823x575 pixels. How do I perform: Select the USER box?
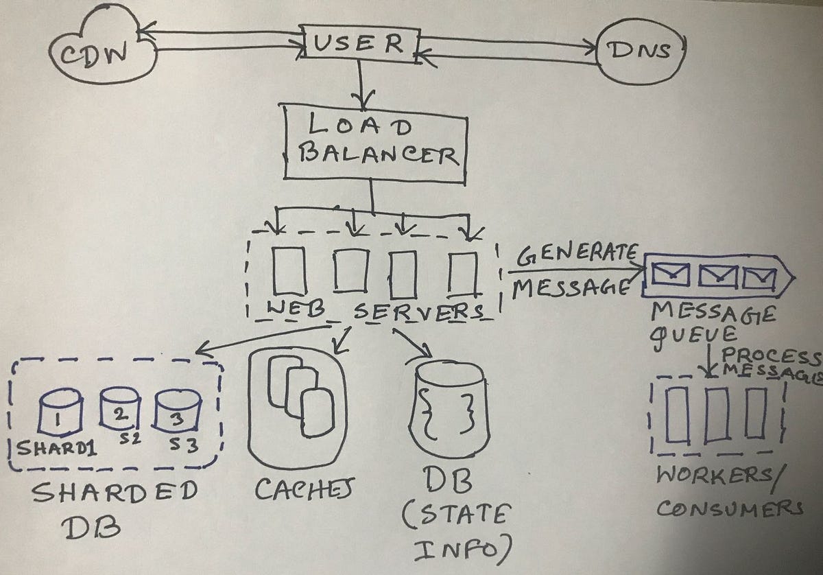click(362, 45)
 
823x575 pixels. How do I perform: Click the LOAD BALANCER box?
click(374, 144)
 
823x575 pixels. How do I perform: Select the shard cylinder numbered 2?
click(117, 409)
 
